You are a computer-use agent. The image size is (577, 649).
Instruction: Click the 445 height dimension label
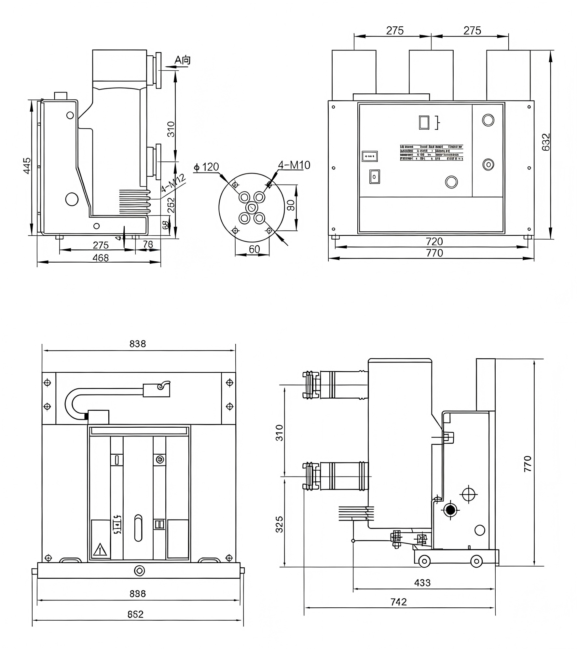coord(27,166)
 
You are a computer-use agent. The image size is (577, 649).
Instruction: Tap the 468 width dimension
coord(101,258)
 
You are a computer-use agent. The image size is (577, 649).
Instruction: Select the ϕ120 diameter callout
coord(207,167)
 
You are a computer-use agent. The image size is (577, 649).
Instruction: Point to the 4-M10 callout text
coord(294,165)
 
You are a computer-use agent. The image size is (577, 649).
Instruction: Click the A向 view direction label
coord(182,60)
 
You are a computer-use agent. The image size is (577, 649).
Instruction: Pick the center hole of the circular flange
coord(252,207)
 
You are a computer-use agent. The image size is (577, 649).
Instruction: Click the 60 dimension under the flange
coord(254,249)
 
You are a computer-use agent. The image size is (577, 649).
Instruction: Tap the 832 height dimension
coord(546,142)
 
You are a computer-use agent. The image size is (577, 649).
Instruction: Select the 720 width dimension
coord(434,242)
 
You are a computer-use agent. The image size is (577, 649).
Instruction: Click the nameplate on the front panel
coord(431,153)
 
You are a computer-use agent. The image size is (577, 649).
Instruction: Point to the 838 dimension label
coord(138,344)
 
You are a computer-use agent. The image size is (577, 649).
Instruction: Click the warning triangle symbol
coord(100,551)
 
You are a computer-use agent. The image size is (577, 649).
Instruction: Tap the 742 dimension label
coord(399,602)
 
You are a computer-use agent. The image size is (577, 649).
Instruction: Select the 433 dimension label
coord(422,583)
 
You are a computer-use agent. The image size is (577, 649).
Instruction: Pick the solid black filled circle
coord(450,510)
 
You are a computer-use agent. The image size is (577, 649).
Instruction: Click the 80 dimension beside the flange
coord(291,205)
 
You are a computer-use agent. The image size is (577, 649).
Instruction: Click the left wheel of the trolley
coord(424,561)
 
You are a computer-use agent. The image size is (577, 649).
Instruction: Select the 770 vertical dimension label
coord(528,464)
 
